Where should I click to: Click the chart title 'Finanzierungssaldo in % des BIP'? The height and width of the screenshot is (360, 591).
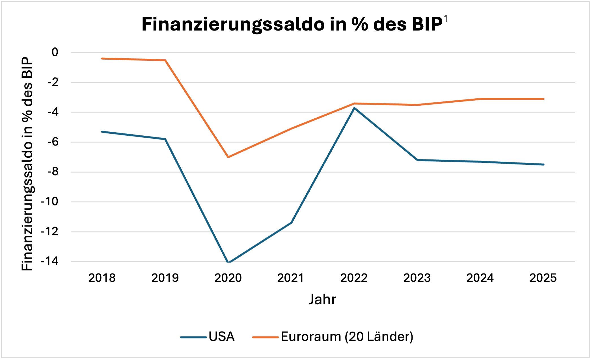(292, 24)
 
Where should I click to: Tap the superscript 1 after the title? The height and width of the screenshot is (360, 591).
(445, 19)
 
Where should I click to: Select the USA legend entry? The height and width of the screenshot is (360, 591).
(221, 337)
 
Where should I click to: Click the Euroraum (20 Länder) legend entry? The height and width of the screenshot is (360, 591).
(347, 337)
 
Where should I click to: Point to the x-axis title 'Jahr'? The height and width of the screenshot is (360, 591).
(322, 299)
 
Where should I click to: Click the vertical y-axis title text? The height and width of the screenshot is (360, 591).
(27, 164)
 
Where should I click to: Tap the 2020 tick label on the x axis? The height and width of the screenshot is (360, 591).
(228, 278)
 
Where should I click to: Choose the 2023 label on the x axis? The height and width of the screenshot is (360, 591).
(417, 278)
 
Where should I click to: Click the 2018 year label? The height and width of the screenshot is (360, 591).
(102, 278)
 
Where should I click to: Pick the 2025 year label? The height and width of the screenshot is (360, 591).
(543, 278)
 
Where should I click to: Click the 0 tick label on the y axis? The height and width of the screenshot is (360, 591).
(55, 52)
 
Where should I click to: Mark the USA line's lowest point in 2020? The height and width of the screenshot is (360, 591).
(228, 262)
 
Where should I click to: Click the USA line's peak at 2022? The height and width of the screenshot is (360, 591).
(354, 108)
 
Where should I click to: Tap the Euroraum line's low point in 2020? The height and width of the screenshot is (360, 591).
(228, 157)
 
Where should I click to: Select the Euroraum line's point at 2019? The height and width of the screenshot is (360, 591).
(165, 60)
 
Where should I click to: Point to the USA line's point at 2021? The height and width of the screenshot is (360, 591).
(291, 223)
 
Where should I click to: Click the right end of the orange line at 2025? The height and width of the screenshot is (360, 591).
(543, 99)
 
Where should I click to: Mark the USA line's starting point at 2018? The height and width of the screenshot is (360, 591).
(102, 132)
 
